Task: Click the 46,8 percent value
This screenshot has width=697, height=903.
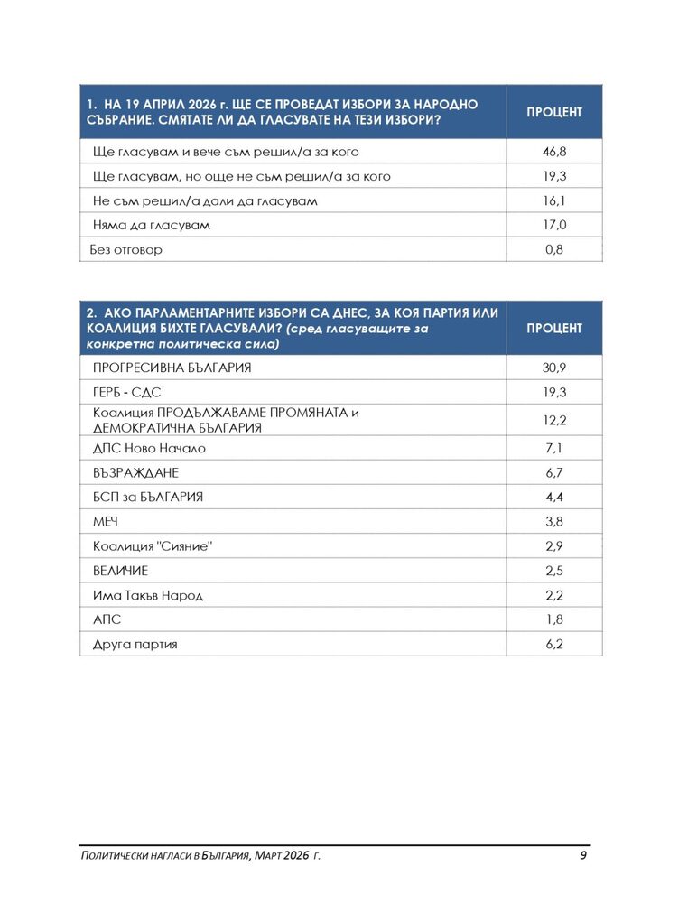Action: tap(554, 152)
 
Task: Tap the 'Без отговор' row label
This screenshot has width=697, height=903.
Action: tap(127, 249)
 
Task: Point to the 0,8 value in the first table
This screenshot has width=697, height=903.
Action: tap(554, 249)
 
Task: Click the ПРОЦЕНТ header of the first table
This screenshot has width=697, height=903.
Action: tap(554, 112)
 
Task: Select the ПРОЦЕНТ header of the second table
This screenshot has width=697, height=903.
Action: tap(554, 328)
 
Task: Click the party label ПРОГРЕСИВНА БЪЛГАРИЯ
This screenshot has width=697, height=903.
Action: tap(172, 368)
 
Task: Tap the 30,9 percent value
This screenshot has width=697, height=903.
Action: tap(554, 368)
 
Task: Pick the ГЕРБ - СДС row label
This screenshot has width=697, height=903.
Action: tap(127, 394)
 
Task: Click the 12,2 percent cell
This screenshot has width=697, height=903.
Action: tap(554, 421)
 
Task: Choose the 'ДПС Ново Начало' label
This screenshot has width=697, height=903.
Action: tap(150, 448)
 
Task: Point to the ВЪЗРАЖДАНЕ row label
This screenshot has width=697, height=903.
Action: tap(136, 472)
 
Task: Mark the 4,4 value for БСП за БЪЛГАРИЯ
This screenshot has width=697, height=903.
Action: tap(554, 497)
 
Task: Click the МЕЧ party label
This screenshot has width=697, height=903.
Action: tap(107, 522)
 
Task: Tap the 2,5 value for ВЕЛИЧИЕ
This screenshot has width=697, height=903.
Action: tap(554, 571)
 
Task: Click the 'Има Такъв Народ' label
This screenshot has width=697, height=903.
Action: tap(148, 595)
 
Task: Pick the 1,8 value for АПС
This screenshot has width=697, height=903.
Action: tap(554, 620)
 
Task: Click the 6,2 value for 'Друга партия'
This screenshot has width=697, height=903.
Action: tap(554, 645)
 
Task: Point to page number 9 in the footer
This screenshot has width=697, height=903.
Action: tap(583, 855)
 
